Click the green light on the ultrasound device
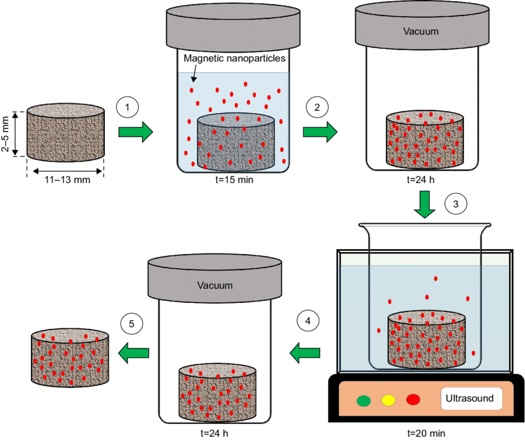[x=364, y=400]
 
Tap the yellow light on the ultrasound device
[x=388, y=400]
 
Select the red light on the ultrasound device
[x=413, y=400]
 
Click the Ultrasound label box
[x=471, y=399]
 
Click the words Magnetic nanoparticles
[x=235, y=59]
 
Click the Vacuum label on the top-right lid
[x=421, y=31]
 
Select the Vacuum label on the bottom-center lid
[x=215, y=286]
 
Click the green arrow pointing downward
[x=424, y=204]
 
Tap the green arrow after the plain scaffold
[x=135, y=132]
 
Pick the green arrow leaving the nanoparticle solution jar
[x=320, y=132]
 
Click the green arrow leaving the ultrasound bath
[x=305, y=353]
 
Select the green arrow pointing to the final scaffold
[x=134, y=353]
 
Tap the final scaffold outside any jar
[x=70, y=358]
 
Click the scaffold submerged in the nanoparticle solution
[x=235, y=143]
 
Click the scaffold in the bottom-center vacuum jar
[x=217, y=391]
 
